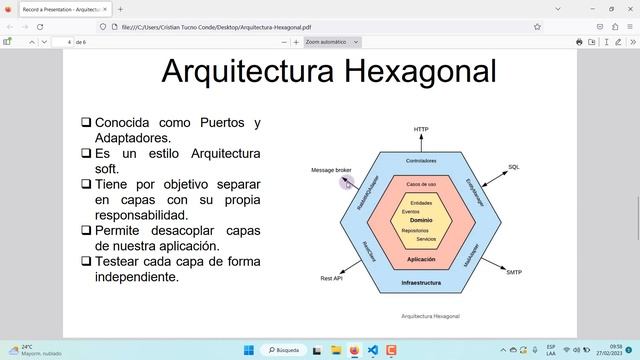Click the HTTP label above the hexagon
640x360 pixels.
pyautogui.click(x=421, y=130)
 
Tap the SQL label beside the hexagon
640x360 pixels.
pyautogui.click(x=514, y=167)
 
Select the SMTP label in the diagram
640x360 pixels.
pyautogui.click(x=514, y=272)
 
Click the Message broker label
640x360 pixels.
pyautogui.click(x=331, y=170)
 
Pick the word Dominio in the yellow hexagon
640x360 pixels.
pyautogui.click(x=421, y=220)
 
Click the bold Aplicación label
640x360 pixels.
pyautogui.click(x=421, y=259)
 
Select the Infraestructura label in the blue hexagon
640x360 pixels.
pyautogui.click(x=421, y=283)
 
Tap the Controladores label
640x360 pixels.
pyautogui.click(x=421, y=161)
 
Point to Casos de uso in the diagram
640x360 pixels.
pyautogui.click(x=421, y=185)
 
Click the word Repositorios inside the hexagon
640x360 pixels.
pyautogui.click(x=415, y=230)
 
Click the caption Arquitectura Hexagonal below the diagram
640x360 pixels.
pyautogui.click(x=431, y=316)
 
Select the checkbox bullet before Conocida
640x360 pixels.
pyautogui.click(x=86, y=123)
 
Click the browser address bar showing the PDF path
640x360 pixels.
pyautogui.click(x=300, y=26)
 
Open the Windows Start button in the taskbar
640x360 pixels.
pyautogui.click(x=248, y=350)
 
